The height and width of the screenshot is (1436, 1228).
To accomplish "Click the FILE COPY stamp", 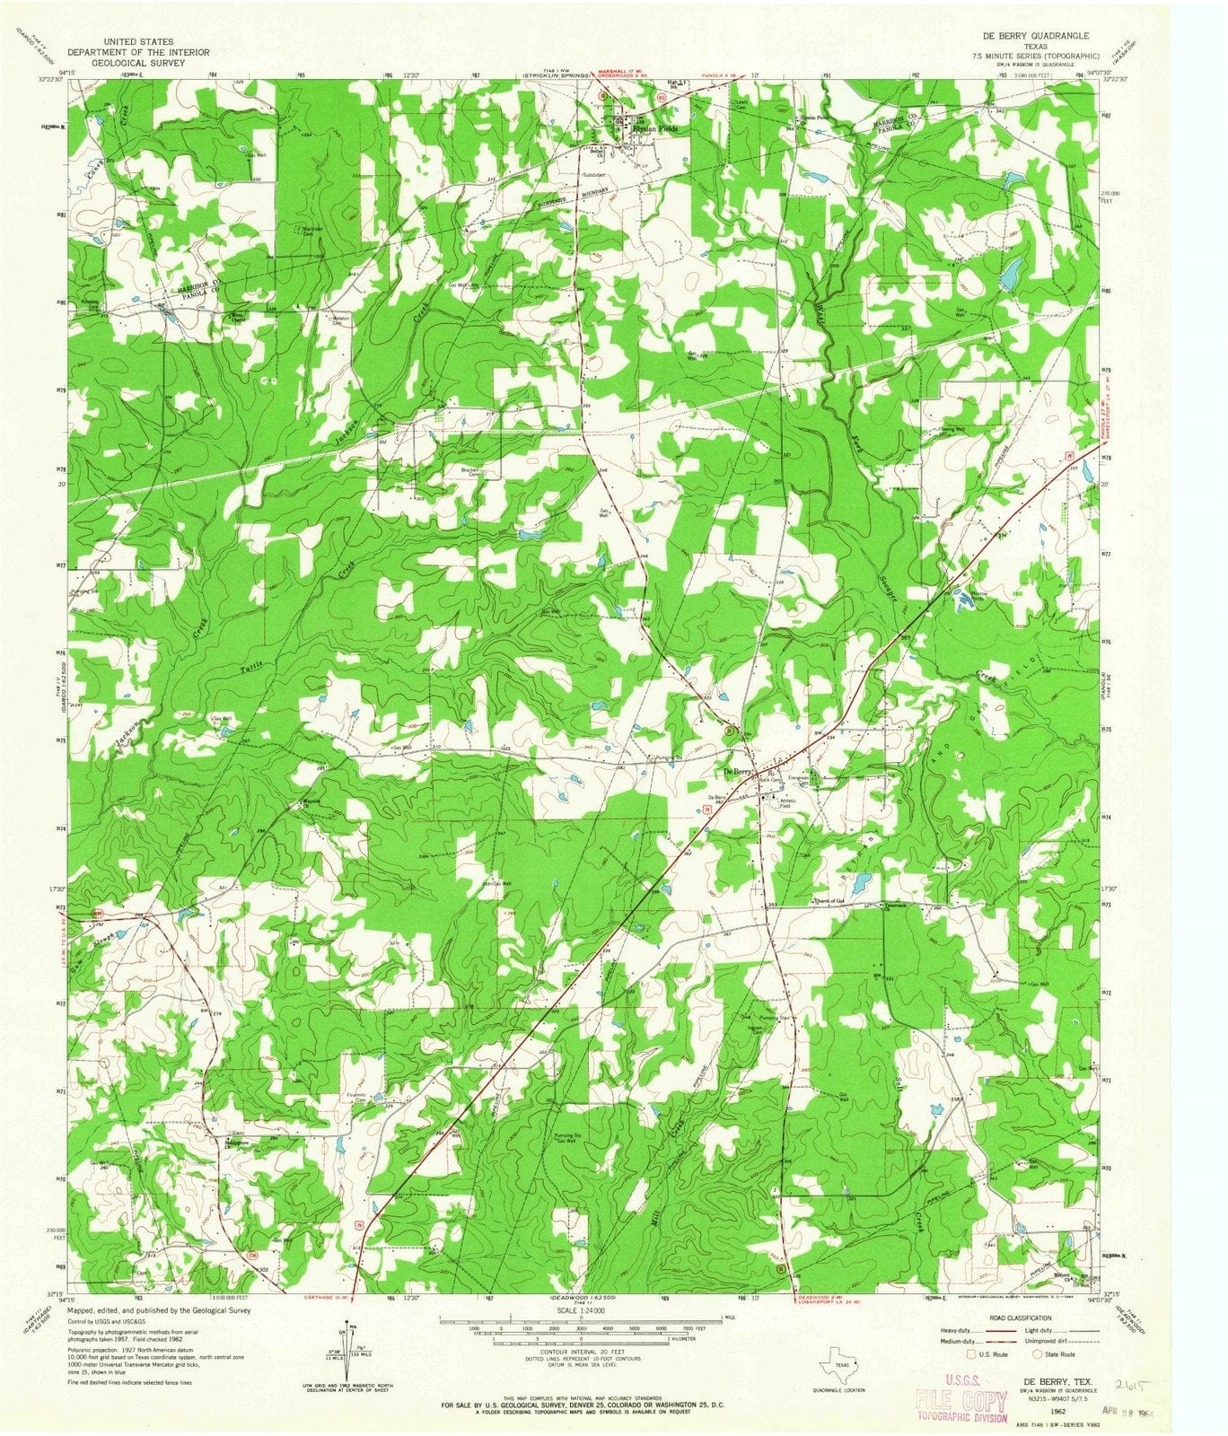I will tap(960, 1402).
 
